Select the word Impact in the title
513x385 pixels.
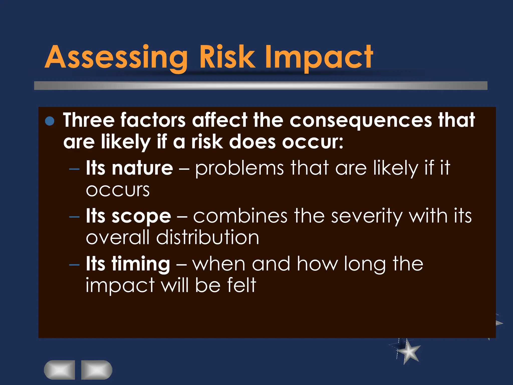pos(319,57)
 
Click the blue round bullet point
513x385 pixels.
pos(50,121)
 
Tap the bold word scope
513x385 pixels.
pos(141,216)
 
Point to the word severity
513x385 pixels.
pos(366,216)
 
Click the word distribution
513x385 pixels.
pos(208,238)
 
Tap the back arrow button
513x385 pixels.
pos(60,370)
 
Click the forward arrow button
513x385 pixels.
pos(97,370)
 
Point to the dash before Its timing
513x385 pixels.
pos(74,265)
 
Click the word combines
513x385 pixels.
pos(240,216)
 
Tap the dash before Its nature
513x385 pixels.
pos(74,169)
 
